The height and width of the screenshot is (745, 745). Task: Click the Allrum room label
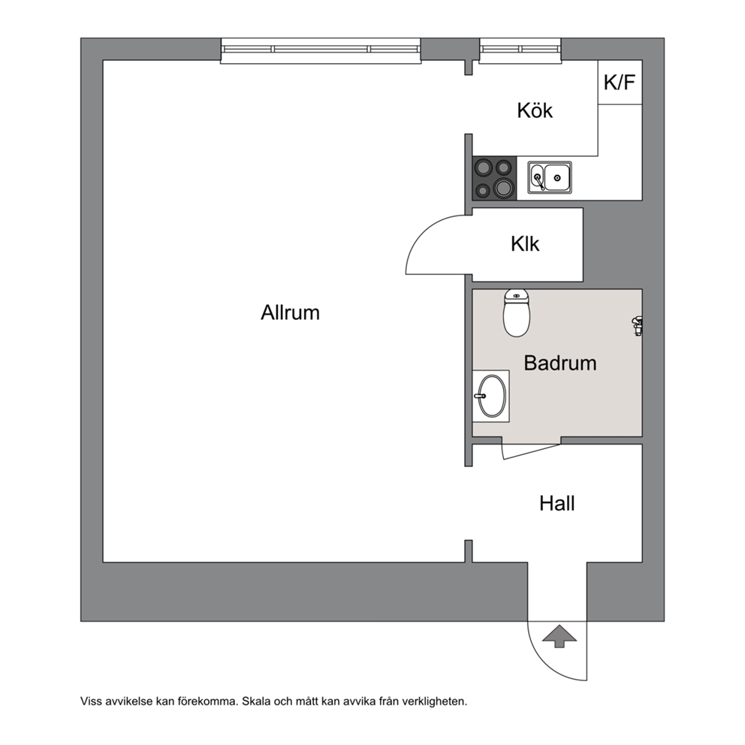pyautogui.click(x=290, y=312)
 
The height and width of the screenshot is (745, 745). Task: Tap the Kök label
pyautogui.click(x=535, y=110)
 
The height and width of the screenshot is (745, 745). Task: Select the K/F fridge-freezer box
pyautogui.click(x=620, y=82)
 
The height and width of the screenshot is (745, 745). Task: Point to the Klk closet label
pyautogui.click(x=525, y=244)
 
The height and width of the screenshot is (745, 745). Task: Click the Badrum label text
pyautogui.click(x=560, y=363)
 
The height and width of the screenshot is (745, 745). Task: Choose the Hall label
pyautogui.click(x=556, y=504)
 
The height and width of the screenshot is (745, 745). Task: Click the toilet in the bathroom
pyautogui.click(x=517, y=312)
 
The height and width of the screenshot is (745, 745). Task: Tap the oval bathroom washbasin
pyautogui.click(x=492, y=397)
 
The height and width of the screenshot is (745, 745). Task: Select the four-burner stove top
pyautogui.click(x=494, y=178)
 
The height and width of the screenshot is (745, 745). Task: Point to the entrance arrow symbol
pyautogui.click(x=560, y=636)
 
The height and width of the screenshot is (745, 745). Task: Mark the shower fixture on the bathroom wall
pyautogui.click(x=637, y=326)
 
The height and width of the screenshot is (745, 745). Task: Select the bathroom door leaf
pyautogui.click(x=531, y=452)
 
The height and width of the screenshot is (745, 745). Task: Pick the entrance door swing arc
pyautogui.click(x=547, y=662)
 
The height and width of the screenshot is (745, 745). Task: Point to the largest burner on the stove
pyautogui.click(x=503, y=187)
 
